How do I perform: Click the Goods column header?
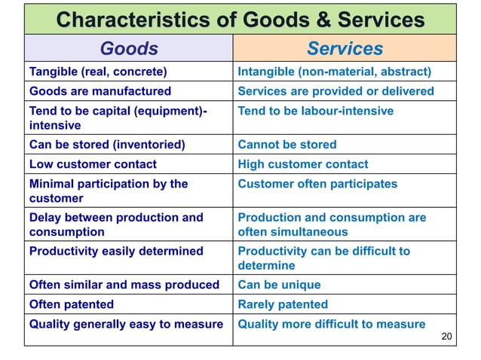[x=129, y=50]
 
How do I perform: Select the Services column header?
[x=345, y=50]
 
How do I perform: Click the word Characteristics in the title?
[x=133, y=20]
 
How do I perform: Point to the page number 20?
[x=446, y=336]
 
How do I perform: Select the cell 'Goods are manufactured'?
[x=100, y=91]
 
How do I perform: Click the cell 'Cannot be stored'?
[x=287, y=144]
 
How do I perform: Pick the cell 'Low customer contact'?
[x=93, y=163]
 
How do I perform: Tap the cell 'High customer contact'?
[x=303, y=163]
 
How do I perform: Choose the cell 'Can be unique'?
[x=279, y=285]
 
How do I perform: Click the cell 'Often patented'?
[x=72, y=304]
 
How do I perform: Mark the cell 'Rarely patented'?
[x=283, y=304]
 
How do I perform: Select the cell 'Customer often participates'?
[x=317, y=183]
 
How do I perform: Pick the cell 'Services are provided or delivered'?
[x=335, y=91]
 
